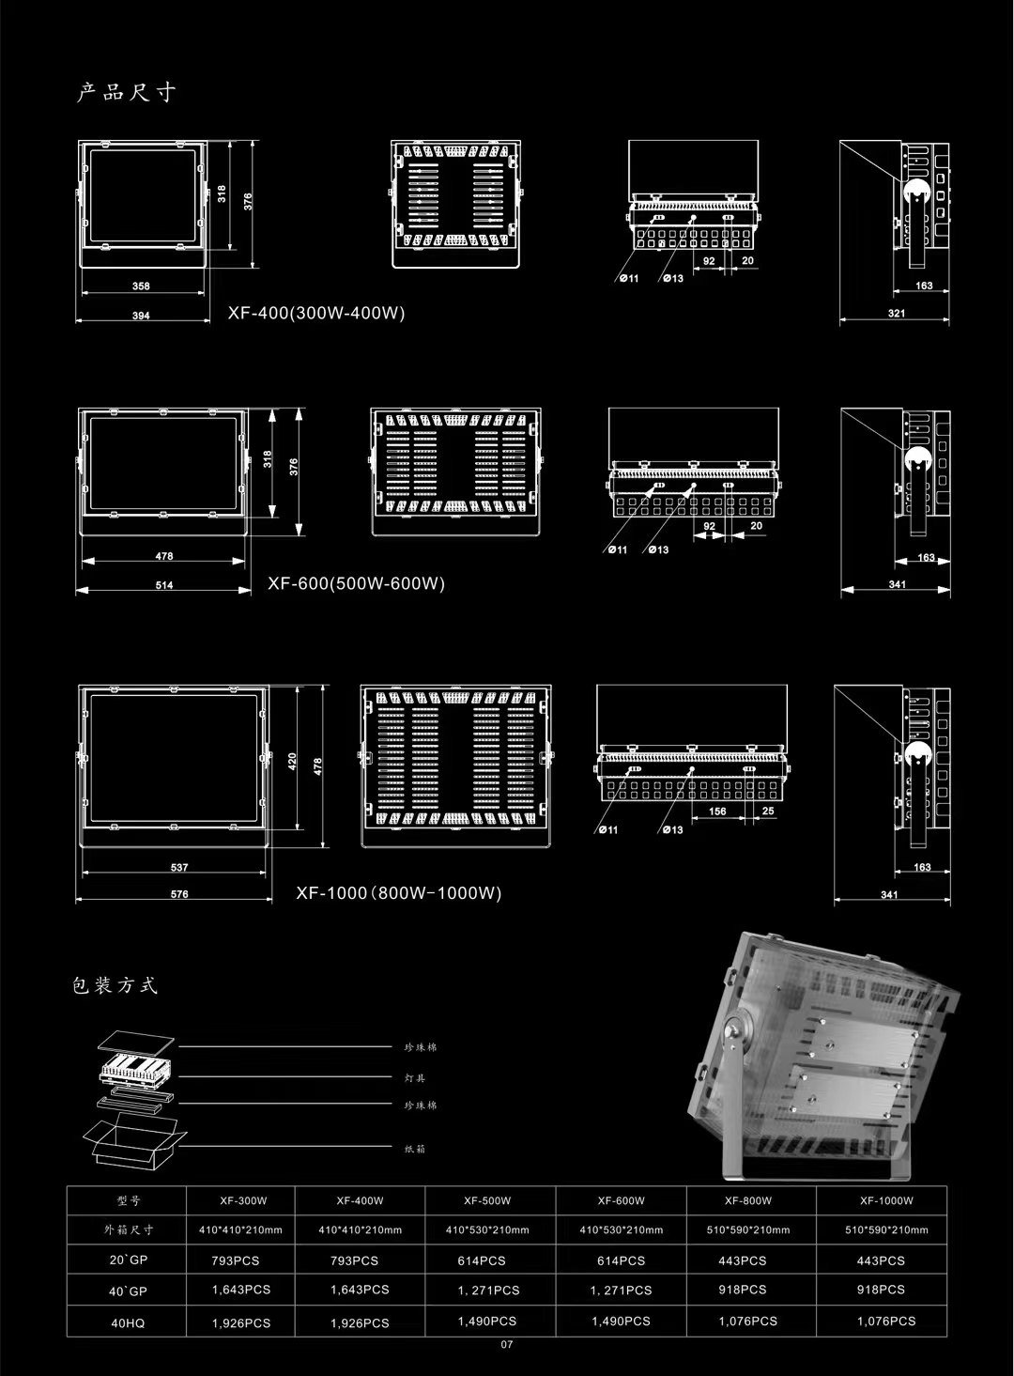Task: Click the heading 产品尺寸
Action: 127,92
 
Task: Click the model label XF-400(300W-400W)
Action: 316,313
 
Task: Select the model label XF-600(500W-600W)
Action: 356,583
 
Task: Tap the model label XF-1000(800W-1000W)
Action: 399,892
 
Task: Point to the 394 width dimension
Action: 141,316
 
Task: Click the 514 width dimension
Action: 164,585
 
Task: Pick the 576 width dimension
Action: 179,894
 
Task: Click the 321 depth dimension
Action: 897,314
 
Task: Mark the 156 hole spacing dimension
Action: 717,812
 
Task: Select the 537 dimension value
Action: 179,868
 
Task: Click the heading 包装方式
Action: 115,985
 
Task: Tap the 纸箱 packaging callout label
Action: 415,1149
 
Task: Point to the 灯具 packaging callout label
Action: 415,1078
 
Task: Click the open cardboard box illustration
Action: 134,1142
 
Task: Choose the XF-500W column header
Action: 487,1200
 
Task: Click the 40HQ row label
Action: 128,1322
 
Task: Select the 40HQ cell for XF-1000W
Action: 885,1322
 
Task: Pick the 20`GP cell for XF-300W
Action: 241,1260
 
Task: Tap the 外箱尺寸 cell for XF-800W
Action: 747,1229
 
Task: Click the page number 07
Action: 507,1345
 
